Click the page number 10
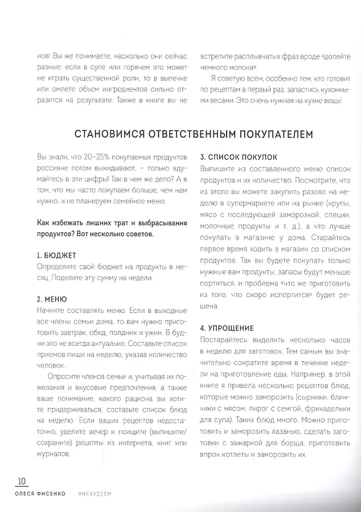click(22, 481)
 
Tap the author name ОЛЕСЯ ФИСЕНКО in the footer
click(40, 493)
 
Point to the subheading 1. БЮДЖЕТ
click(56, 255)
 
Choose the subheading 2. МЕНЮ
click(52, 299)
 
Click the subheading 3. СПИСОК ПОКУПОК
click(239, 156)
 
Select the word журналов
click(53, 455)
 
